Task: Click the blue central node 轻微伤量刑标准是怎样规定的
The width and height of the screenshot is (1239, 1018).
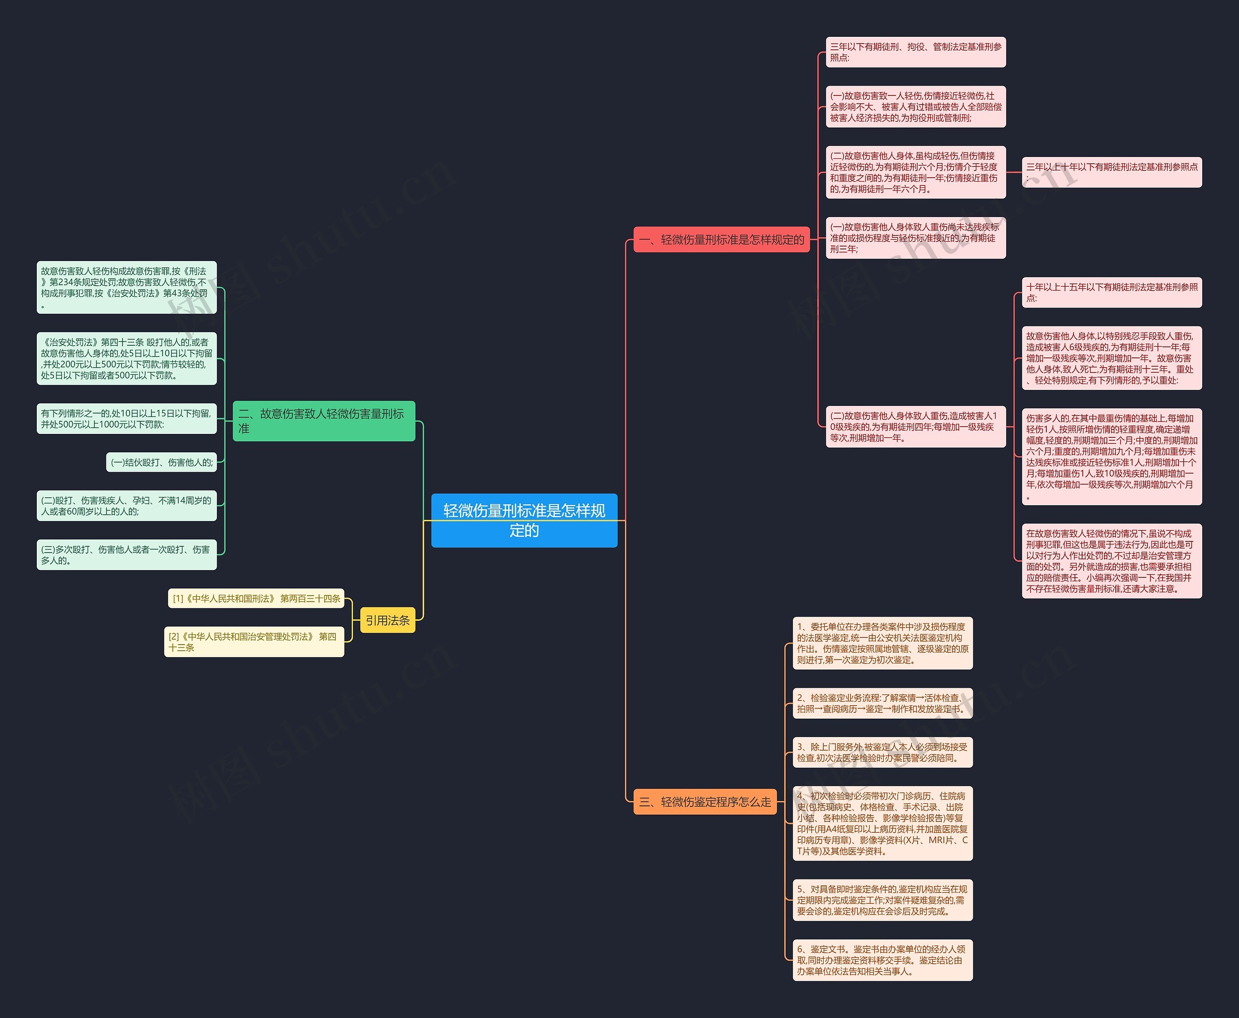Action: pos(524,520)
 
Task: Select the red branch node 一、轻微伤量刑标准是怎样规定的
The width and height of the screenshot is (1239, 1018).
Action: pos(722,239)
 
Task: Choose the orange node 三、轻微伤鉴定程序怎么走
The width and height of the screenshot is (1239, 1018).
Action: pos(705,802)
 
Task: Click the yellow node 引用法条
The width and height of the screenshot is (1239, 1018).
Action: pos(387,620)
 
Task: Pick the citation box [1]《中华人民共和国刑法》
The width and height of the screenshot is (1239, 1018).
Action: pos(256,599)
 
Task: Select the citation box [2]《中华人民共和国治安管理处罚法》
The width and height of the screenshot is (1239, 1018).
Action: pos(254,642)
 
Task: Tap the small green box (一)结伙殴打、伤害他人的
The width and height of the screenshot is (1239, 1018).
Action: pos(161,462)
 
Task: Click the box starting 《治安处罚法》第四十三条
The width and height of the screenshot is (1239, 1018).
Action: pos(127,358)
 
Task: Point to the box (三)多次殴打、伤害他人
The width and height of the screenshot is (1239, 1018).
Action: pos(127,555)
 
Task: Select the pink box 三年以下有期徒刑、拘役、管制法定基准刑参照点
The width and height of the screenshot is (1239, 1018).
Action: pos(916,52)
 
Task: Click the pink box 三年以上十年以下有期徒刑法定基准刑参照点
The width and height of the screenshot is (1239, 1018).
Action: pos(1112,172)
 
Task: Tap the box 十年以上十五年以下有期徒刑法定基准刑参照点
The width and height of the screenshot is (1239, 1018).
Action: pos(1112,293)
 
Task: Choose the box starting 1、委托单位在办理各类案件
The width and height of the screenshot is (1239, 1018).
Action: pos(883,643)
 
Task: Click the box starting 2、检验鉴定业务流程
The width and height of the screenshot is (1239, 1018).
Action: pos(883,703)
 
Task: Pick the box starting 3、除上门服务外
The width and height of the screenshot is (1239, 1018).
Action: pos(883,752)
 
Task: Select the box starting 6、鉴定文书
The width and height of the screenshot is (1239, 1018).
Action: pos(883,960)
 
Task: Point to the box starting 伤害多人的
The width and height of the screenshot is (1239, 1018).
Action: pos(1112,457)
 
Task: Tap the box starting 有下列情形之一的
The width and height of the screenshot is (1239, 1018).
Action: pos(127,419)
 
